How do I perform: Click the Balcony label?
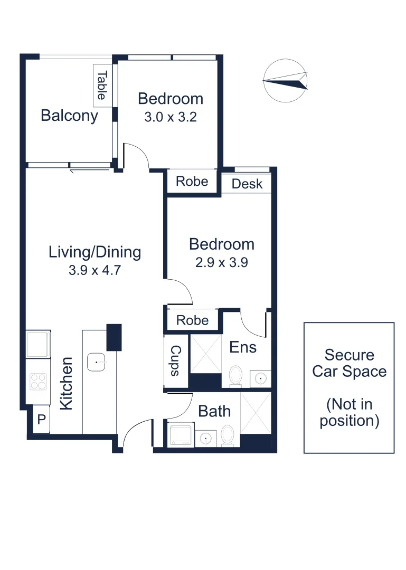click(69, 116)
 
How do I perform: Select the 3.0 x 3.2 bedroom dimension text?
click(170, 117)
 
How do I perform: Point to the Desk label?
click(247, 184)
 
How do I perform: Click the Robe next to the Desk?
click(192, 182)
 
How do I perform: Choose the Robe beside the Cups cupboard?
click(192, 320)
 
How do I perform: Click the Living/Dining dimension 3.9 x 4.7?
click(95, 271)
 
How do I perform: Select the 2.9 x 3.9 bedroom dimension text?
click(221, 262)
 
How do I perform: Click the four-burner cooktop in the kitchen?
click(39, 381)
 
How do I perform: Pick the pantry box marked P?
click(41, 420)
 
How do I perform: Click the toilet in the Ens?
click(236, 375)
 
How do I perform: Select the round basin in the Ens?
click(259, 378)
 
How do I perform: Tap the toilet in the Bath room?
click(228, 435)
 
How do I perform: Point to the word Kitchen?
click(67, 384)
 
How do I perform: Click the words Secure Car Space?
click(349, 363)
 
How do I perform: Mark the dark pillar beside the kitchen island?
click(114, 337)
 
